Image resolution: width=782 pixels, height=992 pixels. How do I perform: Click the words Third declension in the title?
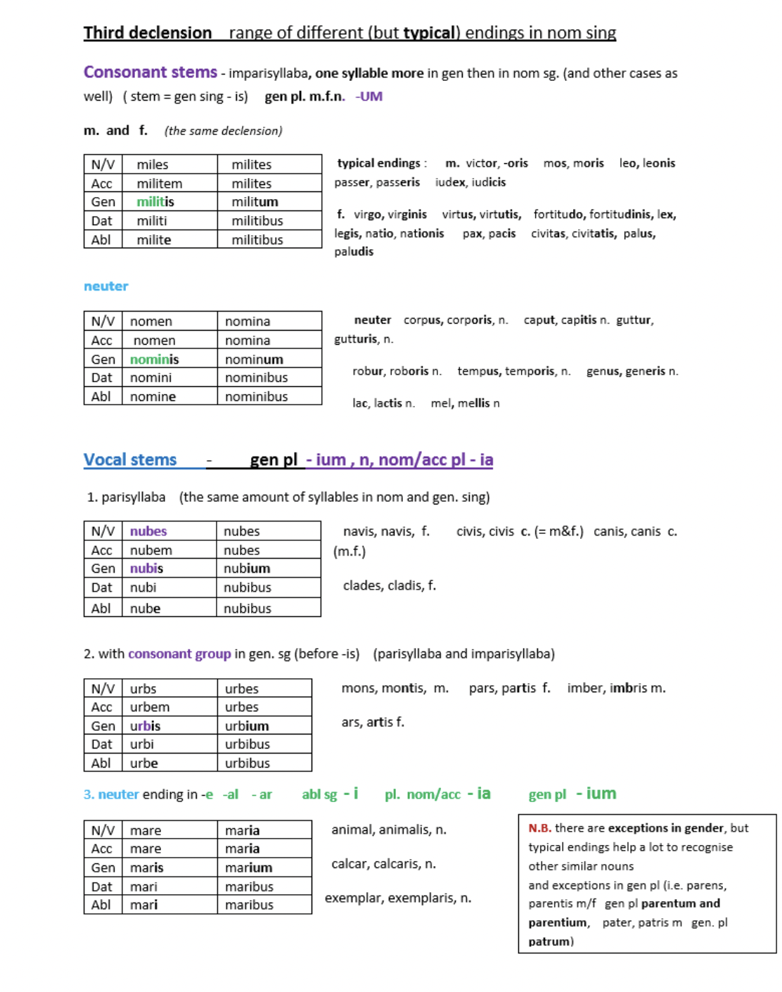click(147, 33)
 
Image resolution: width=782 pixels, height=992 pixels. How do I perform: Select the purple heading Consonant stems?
click(150, 72)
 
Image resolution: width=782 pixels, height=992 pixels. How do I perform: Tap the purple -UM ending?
click(369, 96)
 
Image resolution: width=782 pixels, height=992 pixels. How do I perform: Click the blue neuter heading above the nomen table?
click(105, 286)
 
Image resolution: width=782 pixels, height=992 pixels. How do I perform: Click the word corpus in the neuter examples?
click(422, 320)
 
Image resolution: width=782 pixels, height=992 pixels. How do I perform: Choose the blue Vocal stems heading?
click(130, 460)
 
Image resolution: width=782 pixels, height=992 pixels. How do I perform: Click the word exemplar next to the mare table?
click(352, 898)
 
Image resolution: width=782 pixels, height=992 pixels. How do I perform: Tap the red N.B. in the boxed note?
click(539, 829)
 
